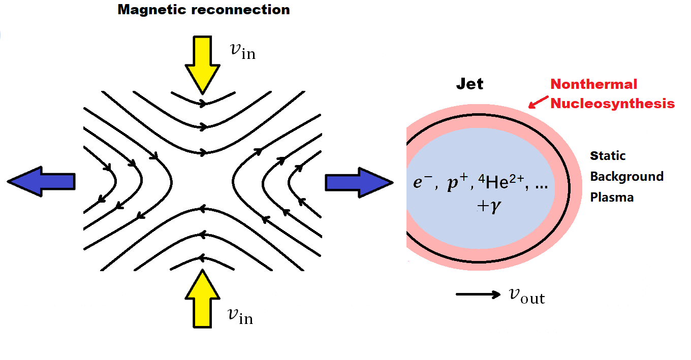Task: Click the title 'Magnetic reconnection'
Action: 204,9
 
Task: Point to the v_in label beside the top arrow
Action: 242,51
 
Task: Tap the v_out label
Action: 526,296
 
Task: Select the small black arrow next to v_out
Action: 478,294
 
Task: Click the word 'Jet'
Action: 469,84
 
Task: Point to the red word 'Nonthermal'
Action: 593,84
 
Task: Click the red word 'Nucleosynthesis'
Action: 612,104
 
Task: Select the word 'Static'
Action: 607,155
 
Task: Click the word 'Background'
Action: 626,177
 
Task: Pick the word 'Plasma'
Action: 612,197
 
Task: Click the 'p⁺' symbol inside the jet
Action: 454,184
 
